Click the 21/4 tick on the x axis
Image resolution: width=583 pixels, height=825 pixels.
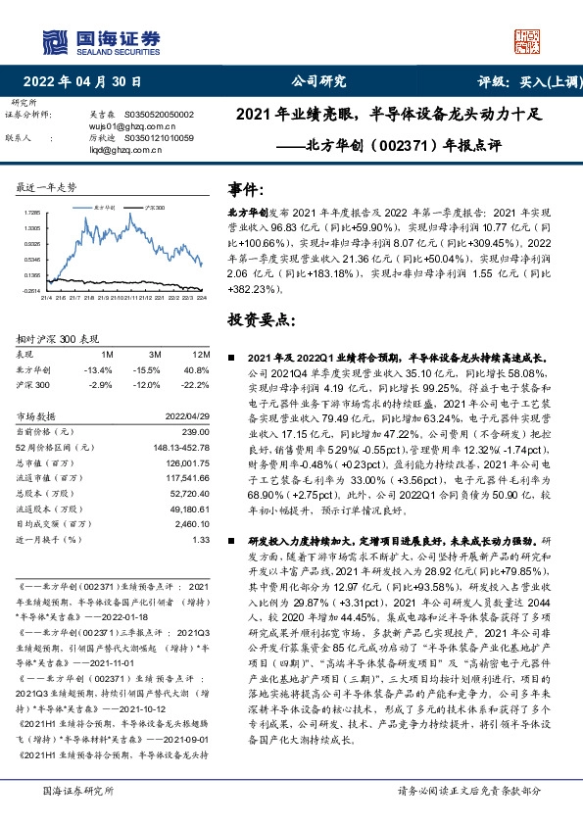click(45, 297)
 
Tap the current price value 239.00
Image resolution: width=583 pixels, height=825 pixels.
click(195, 431)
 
